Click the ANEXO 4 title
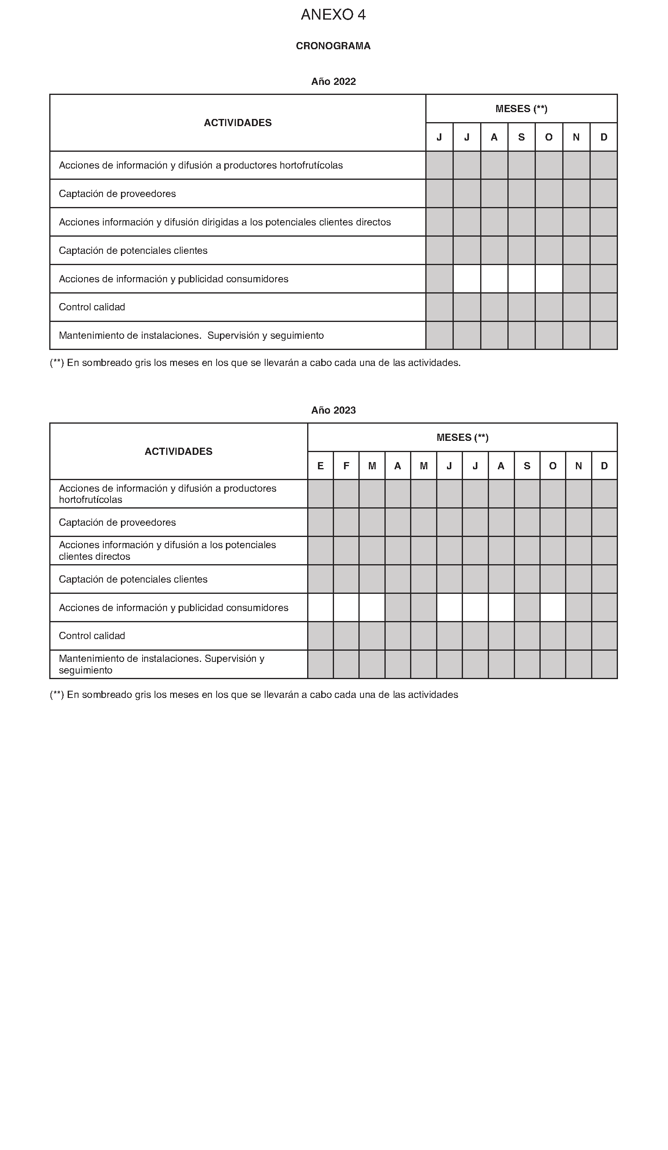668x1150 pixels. [x=333, y=15]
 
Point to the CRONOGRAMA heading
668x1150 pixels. [x=333, y=46]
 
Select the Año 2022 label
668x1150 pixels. [x=333, y=81]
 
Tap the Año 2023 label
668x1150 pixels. [x=333, y=410]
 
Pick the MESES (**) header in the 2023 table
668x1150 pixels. [x=462, y=437]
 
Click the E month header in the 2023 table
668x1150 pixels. [x=320, y=465]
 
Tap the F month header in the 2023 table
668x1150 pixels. [x=346, y=465]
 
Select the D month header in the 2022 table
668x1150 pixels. [x=603, y=137]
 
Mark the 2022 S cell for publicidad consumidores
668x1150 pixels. [x=521, y=278]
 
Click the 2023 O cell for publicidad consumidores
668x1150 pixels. [x=553, y=607]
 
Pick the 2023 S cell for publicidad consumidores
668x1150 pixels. [x=527, y=607]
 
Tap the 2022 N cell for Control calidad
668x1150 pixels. [x=576, y=307]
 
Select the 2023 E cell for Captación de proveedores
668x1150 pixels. [x=320, y=522]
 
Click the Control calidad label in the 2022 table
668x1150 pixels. [x=92, y=307]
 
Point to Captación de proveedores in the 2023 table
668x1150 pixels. [x=117, y=522]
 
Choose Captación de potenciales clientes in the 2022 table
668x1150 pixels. [x=133, y=250]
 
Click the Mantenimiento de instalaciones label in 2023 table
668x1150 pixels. [x=161, y=664]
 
